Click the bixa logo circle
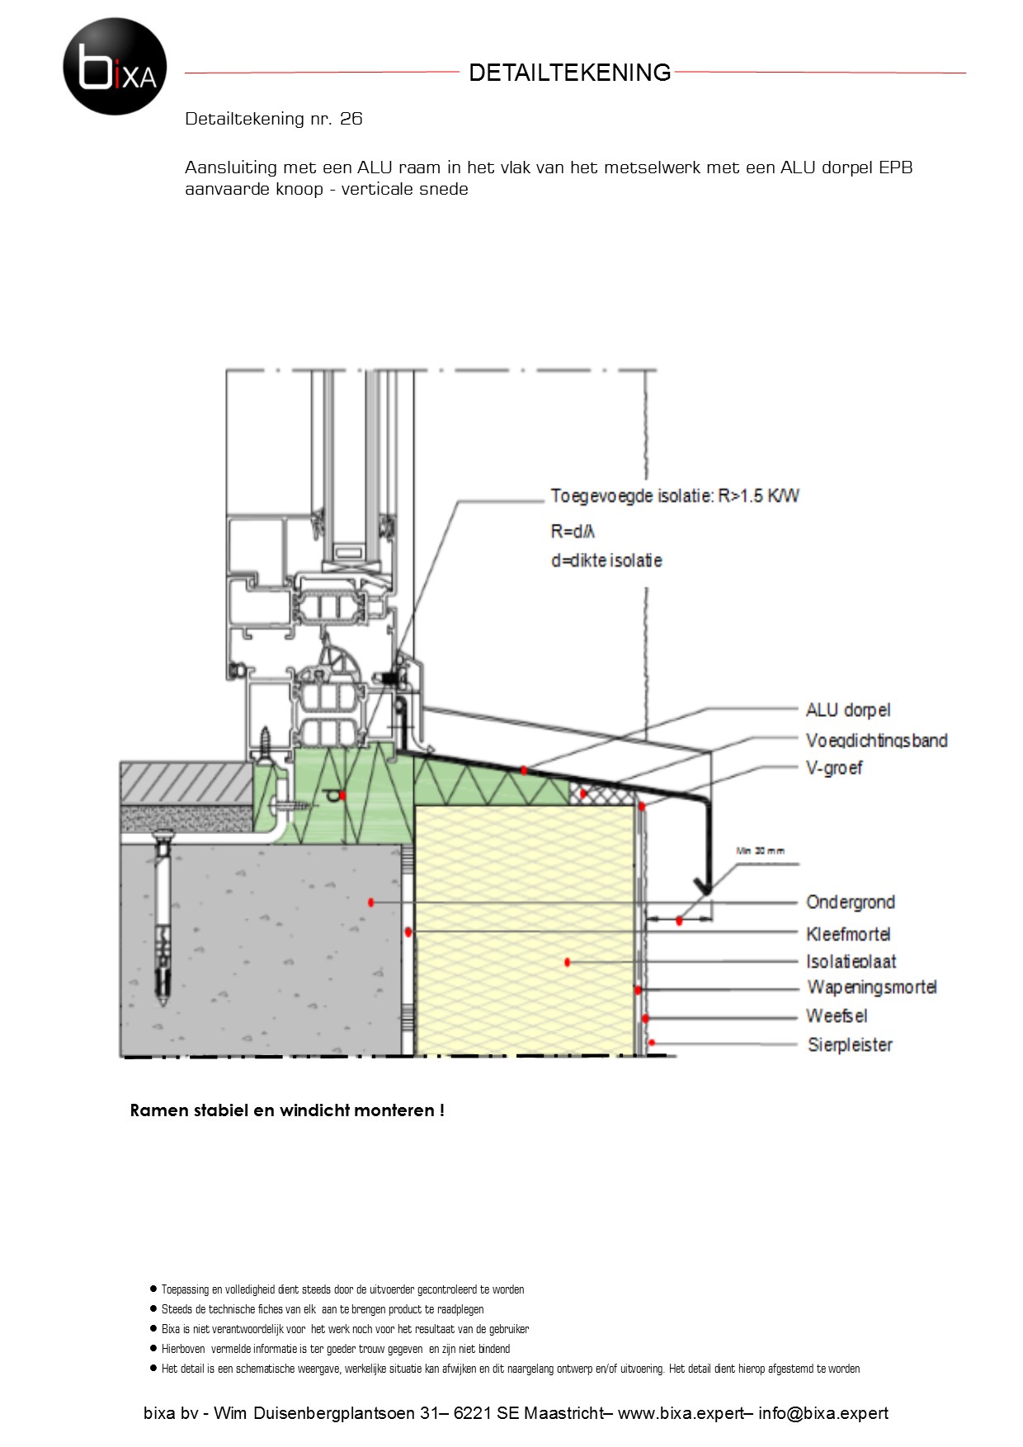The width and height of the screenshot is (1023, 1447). (115, 66)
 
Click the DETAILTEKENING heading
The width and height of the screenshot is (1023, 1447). (569, 73)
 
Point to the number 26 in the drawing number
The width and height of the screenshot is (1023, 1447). (351, 119)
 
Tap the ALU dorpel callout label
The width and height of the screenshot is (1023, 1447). (848, 710)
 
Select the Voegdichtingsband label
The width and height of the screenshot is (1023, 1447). (876, 741)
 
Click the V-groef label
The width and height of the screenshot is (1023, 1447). (834, 768)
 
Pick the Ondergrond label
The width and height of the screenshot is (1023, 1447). (851, 903)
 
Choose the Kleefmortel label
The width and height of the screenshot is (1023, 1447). (848, 934)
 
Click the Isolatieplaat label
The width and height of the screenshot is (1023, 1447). (851, 961)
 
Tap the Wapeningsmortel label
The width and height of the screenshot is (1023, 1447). (872, 987)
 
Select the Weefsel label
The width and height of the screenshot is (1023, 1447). (837, 1016)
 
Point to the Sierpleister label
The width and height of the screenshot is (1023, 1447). (850, 1045)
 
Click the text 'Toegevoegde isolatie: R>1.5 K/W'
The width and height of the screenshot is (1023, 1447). (675, 496)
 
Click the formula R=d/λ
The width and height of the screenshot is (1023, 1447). (573, 531)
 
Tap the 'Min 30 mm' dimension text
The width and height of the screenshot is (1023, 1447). (760, 851)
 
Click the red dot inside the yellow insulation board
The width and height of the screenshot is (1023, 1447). (568, 962)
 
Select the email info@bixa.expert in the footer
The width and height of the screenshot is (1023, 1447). (823, 1413)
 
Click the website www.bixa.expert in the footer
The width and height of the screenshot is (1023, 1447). (681, 1413)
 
